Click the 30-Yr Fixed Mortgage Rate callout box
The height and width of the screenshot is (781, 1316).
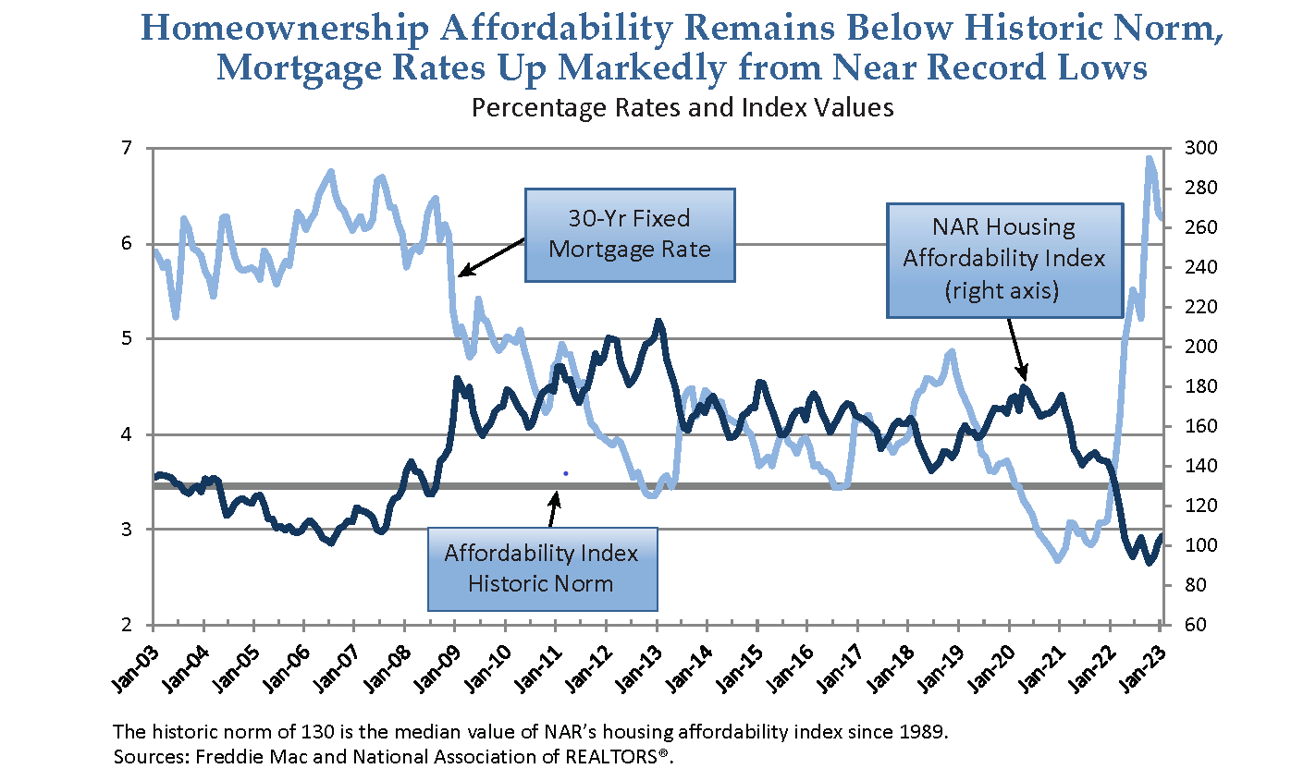click(630, 235)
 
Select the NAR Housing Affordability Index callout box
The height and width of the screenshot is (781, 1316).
click(1004, 259)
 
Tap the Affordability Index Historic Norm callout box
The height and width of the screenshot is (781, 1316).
click(542, 568)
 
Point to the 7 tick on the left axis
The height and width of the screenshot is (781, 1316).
click(128, 148)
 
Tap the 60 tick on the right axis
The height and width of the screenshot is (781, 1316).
click(1184, 625)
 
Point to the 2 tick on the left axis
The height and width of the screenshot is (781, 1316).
click(128, 625)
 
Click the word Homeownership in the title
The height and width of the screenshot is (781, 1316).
click(286, 30)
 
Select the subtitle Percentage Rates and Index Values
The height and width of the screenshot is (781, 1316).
click(683, 108)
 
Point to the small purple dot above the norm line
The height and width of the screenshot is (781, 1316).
click(565, 473)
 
